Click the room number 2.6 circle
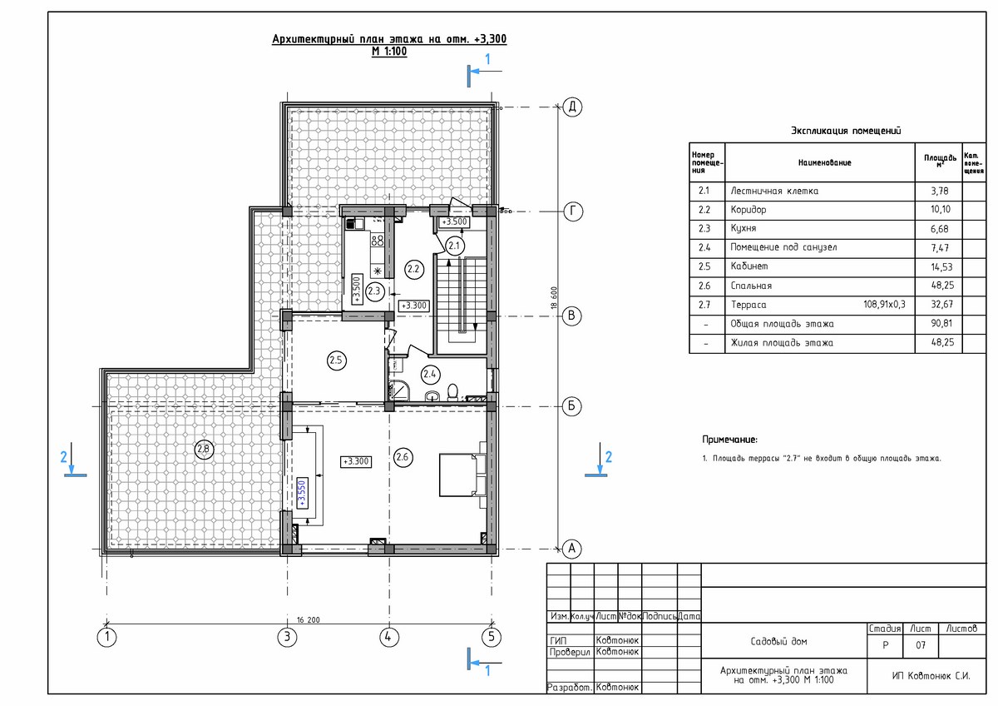tap(403, 457)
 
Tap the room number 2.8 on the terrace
tap(204, 449)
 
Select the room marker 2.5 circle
tap(336, 360)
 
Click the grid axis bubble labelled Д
tap(572, 107)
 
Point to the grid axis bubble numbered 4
tap(389, 637)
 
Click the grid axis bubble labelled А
tap(572, 549)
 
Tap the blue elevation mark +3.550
tap(302, 493)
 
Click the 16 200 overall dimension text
tap(309, 620)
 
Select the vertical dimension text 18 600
tap(554, 297)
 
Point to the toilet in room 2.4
tap(452, 392)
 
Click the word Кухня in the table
tap(744, 228)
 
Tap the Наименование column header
tap(824, 163)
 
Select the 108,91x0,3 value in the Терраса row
tap(884, 305)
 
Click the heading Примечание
tap(730, 440)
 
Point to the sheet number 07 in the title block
tap(921, 645)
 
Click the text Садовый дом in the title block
tap(778, 641)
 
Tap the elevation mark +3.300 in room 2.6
tap(356, 461)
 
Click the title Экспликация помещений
tap(846, 131)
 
